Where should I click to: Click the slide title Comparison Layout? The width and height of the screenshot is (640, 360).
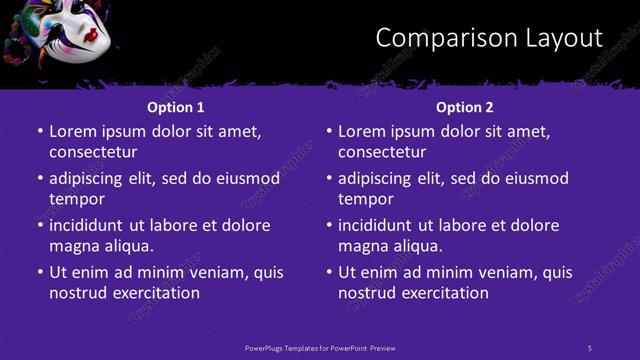click(x=489, y=38)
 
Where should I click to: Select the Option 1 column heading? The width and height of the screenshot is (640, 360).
click(x=176, y=107)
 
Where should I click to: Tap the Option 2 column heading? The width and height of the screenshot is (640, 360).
click(x=465, y=107)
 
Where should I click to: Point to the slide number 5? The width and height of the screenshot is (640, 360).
click(x=590, y=347)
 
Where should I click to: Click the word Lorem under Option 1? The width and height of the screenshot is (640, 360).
click(x=73, y=131)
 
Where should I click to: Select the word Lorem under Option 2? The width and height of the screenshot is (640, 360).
click(x=362, y=131)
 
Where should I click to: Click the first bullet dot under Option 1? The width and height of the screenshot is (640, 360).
click(x=40, y=131)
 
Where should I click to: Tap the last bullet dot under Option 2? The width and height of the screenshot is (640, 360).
click(x=329, y=272)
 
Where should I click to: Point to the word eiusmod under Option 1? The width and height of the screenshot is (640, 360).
click(x=245, y=179)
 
